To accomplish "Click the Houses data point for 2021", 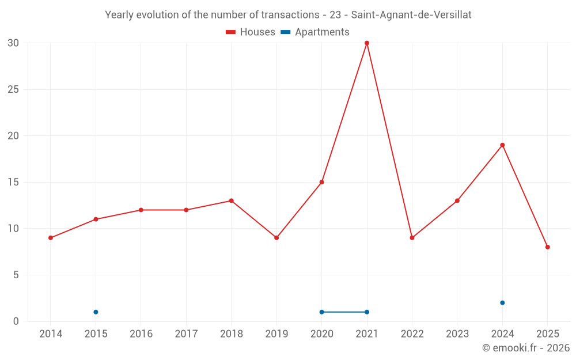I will (x=367, y=43).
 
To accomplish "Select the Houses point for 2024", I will (x=502, y=145).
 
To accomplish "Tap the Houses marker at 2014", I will (x=51, y=238).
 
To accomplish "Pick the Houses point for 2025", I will (x=548, y=247).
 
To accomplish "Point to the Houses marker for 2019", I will (x=276, y=238).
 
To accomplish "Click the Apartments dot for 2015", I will (x=96, y=312).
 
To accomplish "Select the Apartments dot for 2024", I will (x=502, y=303).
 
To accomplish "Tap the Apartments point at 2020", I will (x=321, y=312).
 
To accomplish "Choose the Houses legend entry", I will (x=251, y=32).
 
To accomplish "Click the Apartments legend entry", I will (x=315, y=32).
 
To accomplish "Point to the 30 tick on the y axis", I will (x=13, y=43).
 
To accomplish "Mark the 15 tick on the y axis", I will (x=13, y=183).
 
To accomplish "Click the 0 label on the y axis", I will (x=16, y=321).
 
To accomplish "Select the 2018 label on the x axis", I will (x=231, y=334).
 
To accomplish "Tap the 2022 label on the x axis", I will (x=412, y=334).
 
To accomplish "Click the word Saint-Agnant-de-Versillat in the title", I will (x=411, y=15).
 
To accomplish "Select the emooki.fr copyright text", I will (x=526, y=348).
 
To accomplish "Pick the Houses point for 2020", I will (x=321, y=182).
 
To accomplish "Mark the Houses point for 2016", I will (x=141, y=210).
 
